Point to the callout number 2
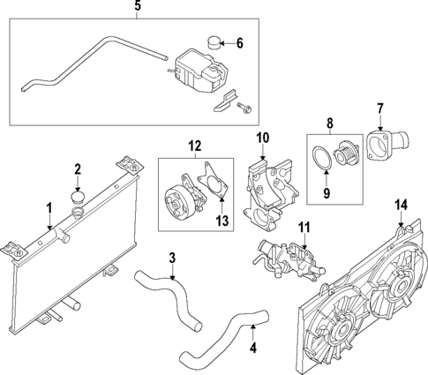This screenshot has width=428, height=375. [78, 169]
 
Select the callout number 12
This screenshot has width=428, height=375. [194, 145]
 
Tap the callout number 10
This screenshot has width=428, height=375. [262, 138]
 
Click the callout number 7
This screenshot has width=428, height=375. [380, 109]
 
